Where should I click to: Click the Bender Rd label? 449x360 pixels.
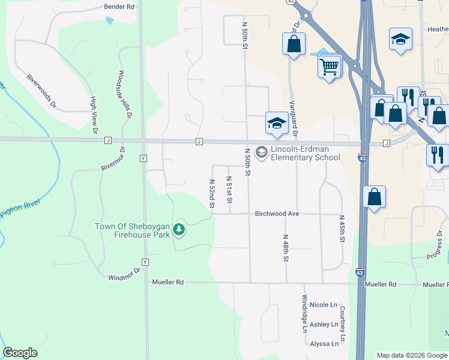(119, 6)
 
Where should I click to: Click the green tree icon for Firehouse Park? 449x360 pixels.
(178, 229)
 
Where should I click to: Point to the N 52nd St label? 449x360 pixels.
(212, 193)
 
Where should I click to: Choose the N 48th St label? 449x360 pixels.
(286, 248)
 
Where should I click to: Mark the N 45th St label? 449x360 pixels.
(342, 229)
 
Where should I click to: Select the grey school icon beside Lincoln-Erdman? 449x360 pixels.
(261, 152)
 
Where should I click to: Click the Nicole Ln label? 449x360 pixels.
(324, 305)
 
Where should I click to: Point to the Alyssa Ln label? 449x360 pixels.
(324, 344)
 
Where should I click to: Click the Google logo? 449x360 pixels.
(20, 353)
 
